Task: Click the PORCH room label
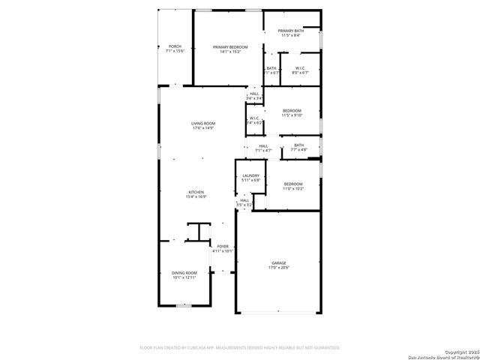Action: click(174, 46)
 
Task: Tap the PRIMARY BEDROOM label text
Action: click(230, 46)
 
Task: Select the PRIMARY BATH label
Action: click(291, 31)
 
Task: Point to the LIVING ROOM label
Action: click(203, 123)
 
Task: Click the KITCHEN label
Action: click(196, 192)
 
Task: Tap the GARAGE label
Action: click(279, 262)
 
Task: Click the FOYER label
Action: click(223, 246)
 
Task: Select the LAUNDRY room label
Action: click(250, 175)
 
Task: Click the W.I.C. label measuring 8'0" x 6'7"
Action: click(299, 68)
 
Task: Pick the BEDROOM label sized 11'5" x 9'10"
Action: click(291, 111)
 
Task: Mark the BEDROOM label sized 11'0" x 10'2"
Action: click(292, 184)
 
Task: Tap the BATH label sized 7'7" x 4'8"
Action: click(298, 145)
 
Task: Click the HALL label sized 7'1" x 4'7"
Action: click(263, 145)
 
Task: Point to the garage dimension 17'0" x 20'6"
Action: click(279, 268)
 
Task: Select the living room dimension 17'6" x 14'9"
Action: click(203, 128)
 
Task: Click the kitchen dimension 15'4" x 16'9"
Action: click(196, 197)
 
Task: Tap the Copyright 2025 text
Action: click(460, 351)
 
